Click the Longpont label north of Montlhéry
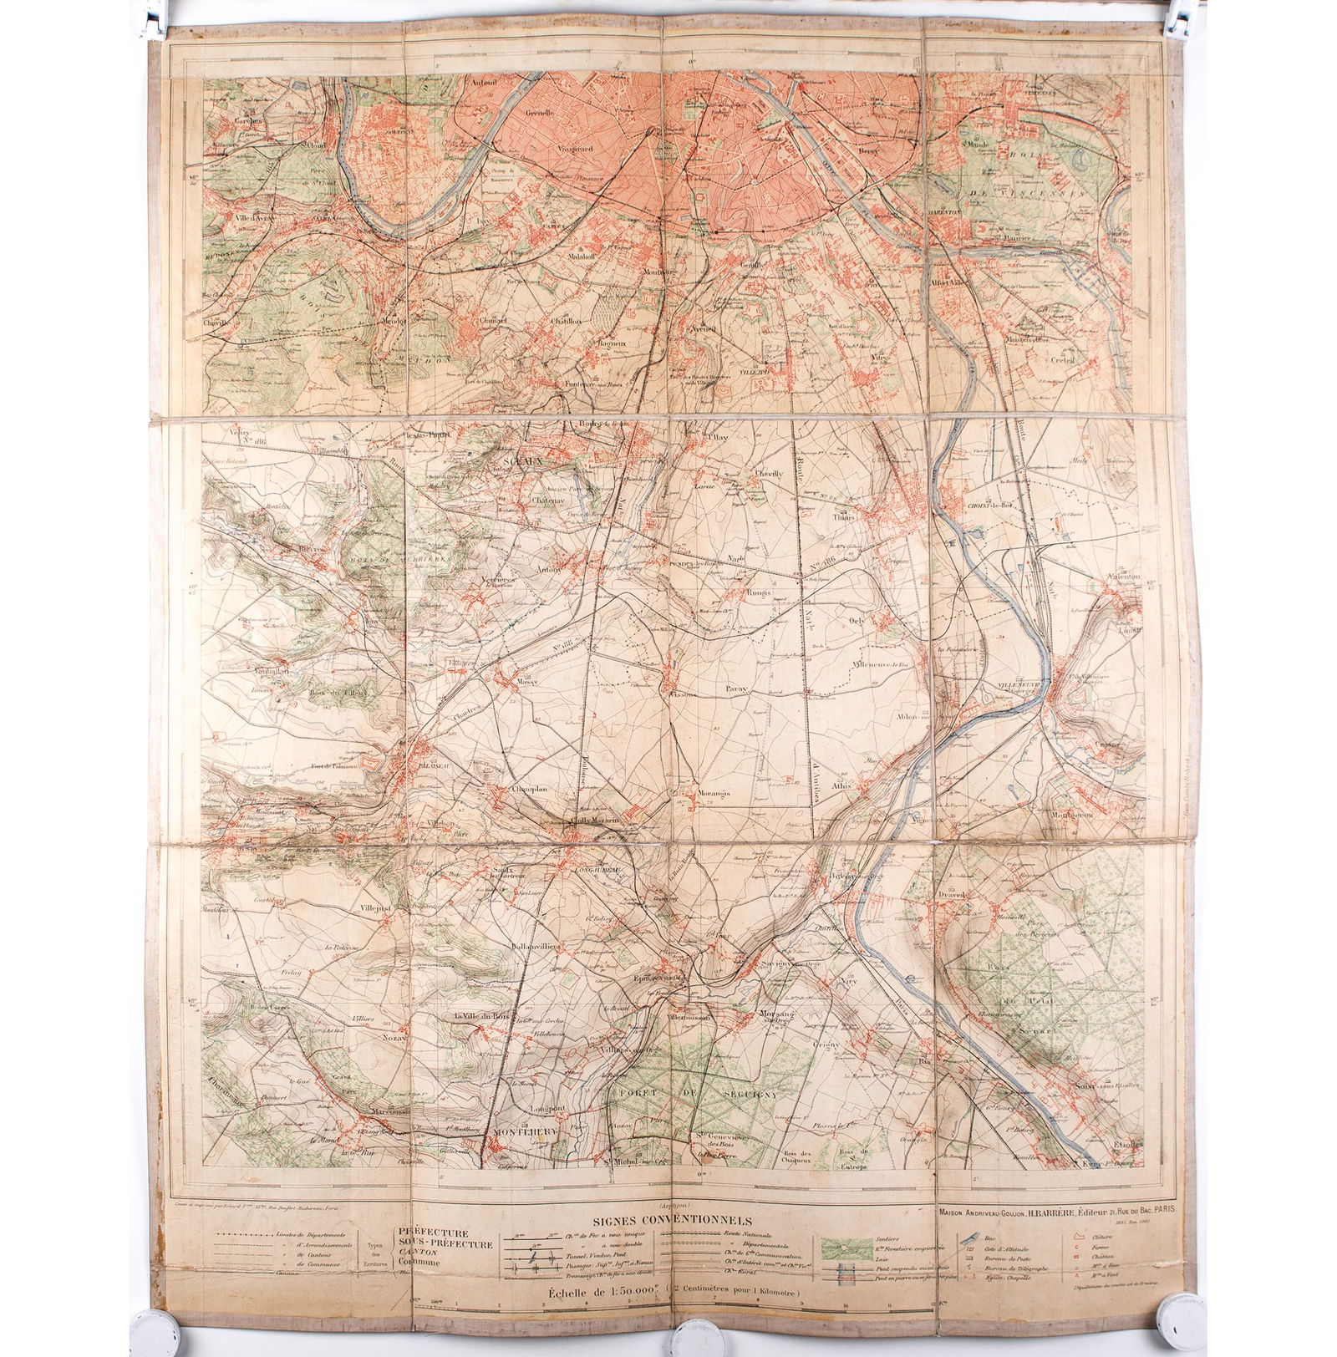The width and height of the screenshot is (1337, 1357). tap(545, 1108)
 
